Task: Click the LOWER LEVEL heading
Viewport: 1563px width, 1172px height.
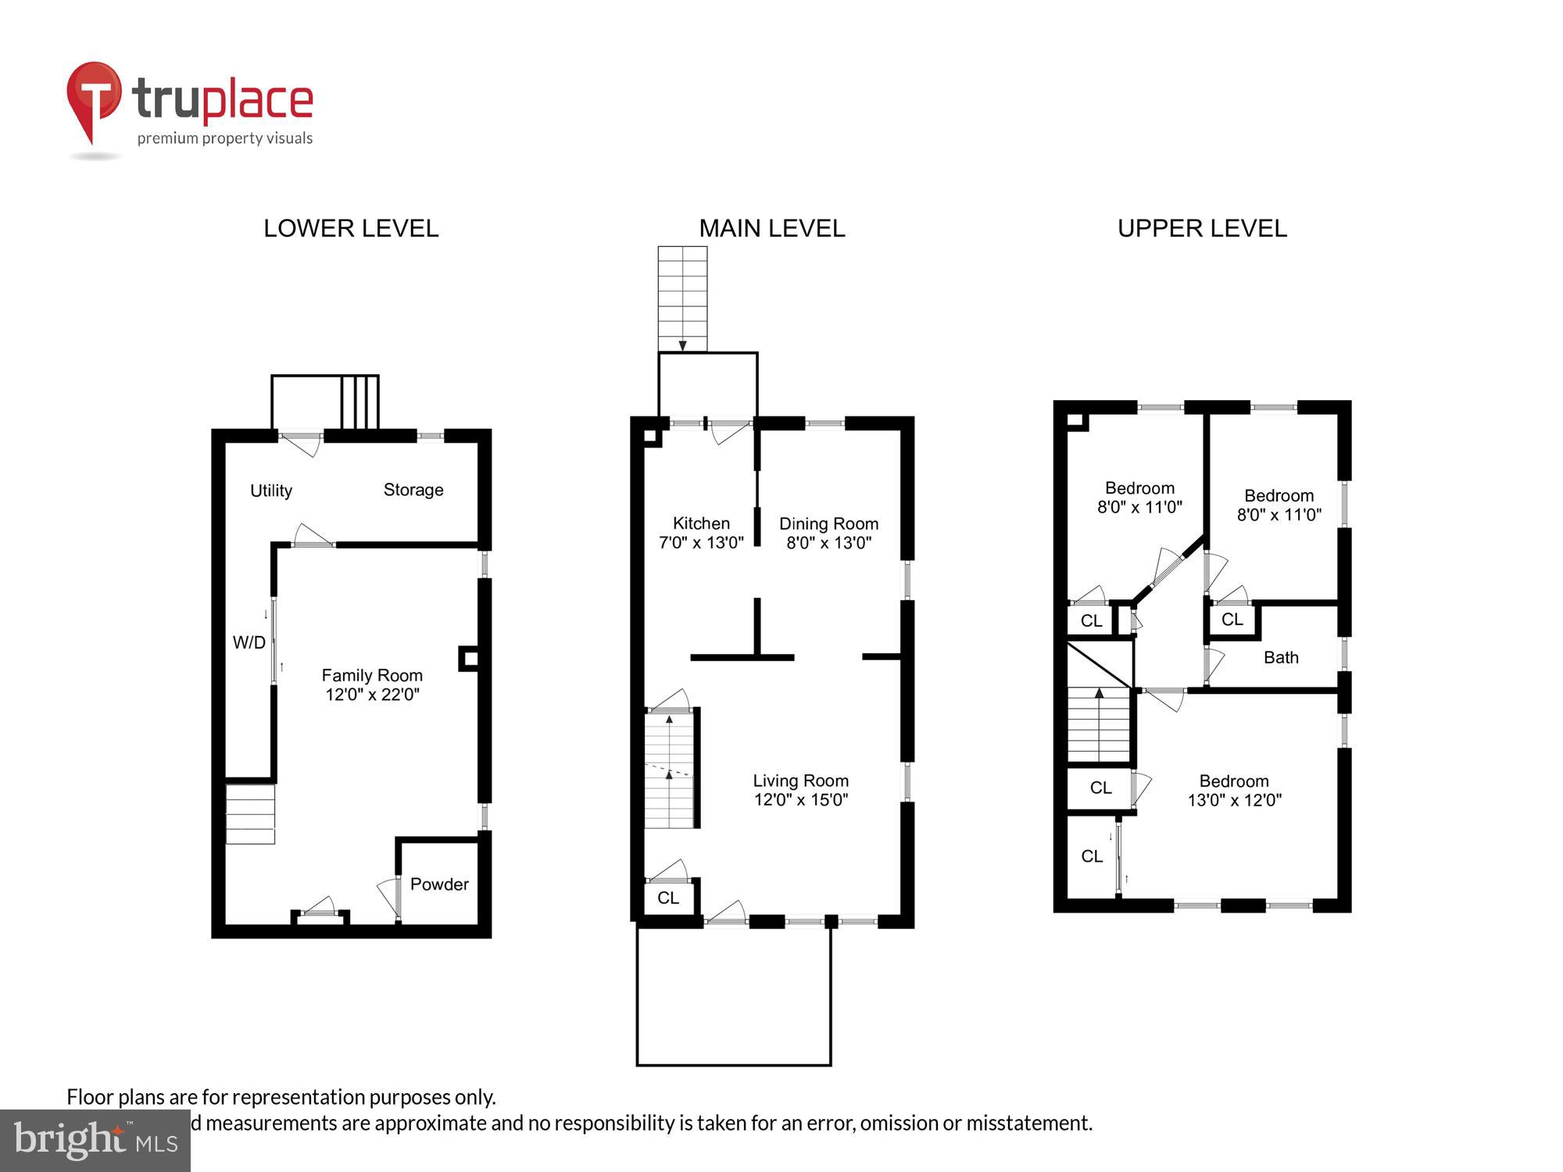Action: pos(351,228)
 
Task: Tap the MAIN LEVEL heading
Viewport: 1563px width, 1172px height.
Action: pos(771,228)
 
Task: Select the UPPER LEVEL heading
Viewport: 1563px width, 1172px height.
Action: pos(1201,228)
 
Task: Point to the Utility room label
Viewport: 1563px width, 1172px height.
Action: pos(270,491)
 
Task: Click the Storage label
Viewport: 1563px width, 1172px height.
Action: pos(413,490)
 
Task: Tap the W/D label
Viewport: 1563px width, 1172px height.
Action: pos(249,642)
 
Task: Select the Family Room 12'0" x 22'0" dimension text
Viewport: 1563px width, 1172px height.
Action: pos(372,695)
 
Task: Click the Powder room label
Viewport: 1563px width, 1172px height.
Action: pos(439,884)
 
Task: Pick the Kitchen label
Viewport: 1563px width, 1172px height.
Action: pos(701,523)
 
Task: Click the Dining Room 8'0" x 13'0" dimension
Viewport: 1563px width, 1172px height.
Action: pos(828,543)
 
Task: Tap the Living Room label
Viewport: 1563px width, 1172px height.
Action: pos(800,781)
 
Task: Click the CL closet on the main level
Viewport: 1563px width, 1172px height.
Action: pos(668,898)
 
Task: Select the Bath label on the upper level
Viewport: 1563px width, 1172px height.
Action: pos(1281,658)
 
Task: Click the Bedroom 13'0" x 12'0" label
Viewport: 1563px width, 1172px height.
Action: pos(1234,790)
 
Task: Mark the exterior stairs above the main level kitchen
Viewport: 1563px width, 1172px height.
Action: pos(682,298)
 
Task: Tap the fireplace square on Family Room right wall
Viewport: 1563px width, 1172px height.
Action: pos(468,658)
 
